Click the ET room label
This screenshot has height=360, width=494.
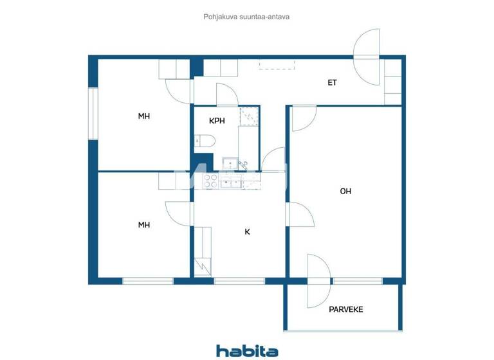pos(332,82)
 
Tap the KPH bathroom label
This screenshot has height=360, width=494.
pos(217,120)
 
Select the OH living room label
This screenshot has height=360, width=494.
pos(345,191)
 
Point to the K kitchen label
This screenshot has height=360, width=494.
pos(247,231)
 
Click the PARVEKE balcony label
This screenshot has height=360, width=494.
pos(346,309)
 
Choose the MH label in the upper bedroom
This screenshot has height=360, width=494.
pos(144,116)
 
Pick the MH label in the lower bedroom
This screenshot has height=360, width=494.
pos(144,225)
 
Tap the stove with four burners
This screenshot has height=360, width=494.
pos(210,181)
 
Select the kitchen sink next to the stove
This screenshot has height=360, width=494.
pos(230,183)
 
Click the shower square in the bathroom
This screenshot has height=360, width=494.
pos(248,116)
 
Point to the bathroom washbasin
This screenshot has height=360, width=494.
pos(229,163)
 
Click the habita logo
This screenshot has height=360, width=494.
pos(247,350)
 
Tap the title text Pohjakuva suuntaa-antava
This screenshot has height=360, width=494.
pos(246,17)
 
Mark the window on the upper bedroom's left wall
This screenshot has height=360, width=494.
pos(93,114)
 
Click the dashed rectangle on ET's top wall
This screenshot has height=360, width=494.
pos(277,64)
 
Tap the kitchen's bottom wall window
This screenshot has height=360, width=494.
pos(239,281)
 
